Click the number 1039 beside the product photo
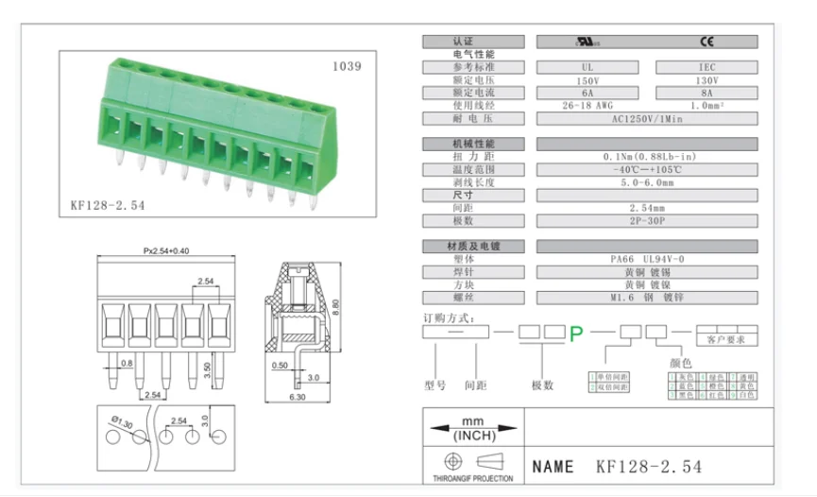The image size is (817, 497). coord(346,67)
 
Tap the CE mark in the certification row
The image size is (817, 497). coord(706,42)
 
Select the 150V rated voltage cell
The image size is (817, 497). coord(587,80)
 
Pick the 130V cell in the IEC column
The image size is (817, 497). coord(706,80)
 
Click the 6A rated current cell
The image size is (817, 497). coord(587,94)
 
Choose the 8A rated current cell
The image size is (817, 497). coord(706,94)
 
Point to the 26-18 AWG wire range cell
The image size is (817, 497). coord(587,106)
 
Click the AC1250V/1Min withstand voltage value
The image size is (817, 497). coord(647,119)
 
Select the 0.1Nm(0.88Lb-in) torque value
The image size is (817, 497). coord(647,157)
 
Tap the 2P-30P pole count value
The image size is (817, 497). coord(647,220)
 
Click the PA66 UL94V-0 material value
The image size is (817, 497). coord(647,259)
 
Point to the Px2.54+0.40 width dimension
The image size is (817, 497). coord(165,251)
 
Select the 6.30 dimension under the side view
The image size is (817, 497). coord(298,398)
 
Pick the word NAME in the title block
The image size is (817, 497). coord(553,467)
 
